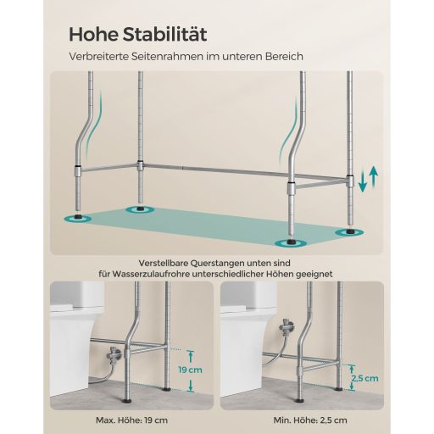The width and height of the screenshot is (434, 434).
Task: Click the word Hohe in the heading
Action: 94,36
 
